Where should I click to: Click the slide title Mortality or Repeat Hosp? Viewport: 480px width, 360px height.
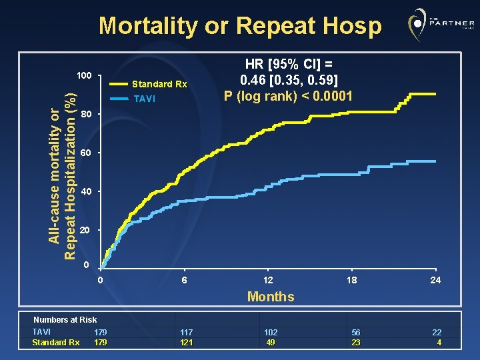click(240, 26)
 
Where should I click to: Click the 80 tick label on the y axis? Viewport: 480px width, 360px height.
click(85, 114)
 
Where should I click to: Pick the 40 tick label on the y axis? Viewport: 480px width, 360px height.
click(85, 192)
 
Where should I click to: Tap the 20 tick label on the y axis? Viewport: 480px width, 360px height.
click(85, 230)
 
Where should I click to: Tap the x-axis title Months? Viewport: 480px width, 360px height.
click(271, 297)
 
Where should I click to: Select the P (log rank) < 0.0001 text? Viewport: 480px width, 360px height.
click(289, 96)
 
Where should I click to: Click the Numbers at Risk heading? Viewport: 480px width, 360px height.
click(65, 320)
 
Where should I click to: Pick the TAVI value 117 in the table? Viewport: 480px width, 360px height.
click(187, 332)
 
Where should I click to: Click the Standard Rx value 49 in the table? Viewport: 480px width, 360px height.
click(271, 343)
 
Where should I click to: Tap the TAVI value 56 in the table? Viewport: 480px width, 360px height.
click(356, 332)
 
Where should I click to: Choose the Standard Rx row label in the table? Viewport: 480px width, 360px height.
click(56, 343)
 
